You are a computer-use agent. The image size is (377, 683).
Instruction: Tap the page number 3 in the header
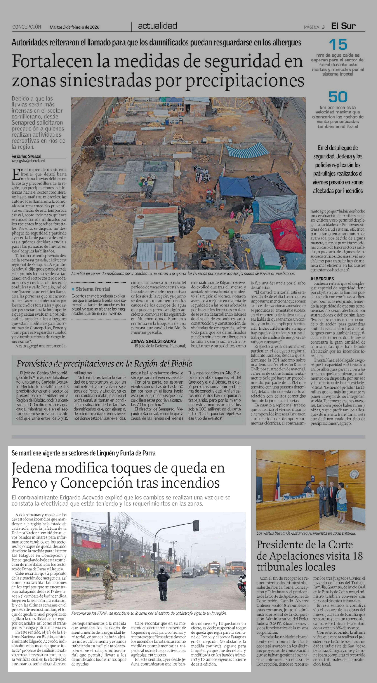(x=323, y=27)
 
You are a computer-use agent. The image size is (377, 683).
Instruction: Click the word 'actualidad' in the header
(x=157, y=26)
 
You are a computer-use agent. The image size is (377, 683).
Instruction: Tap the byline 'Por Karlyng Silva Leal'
(x=26, y=156)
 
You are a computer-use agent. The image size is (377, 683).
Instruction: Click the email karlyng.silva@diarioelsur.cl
(x=28, y=161)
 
